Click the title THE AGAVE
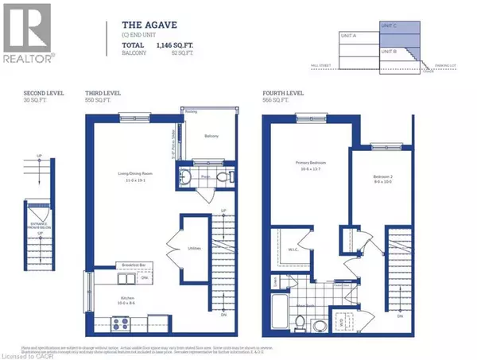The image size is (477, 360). (x=144, y=24)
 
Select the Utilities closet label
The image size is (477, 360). (x=196, y=249)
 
